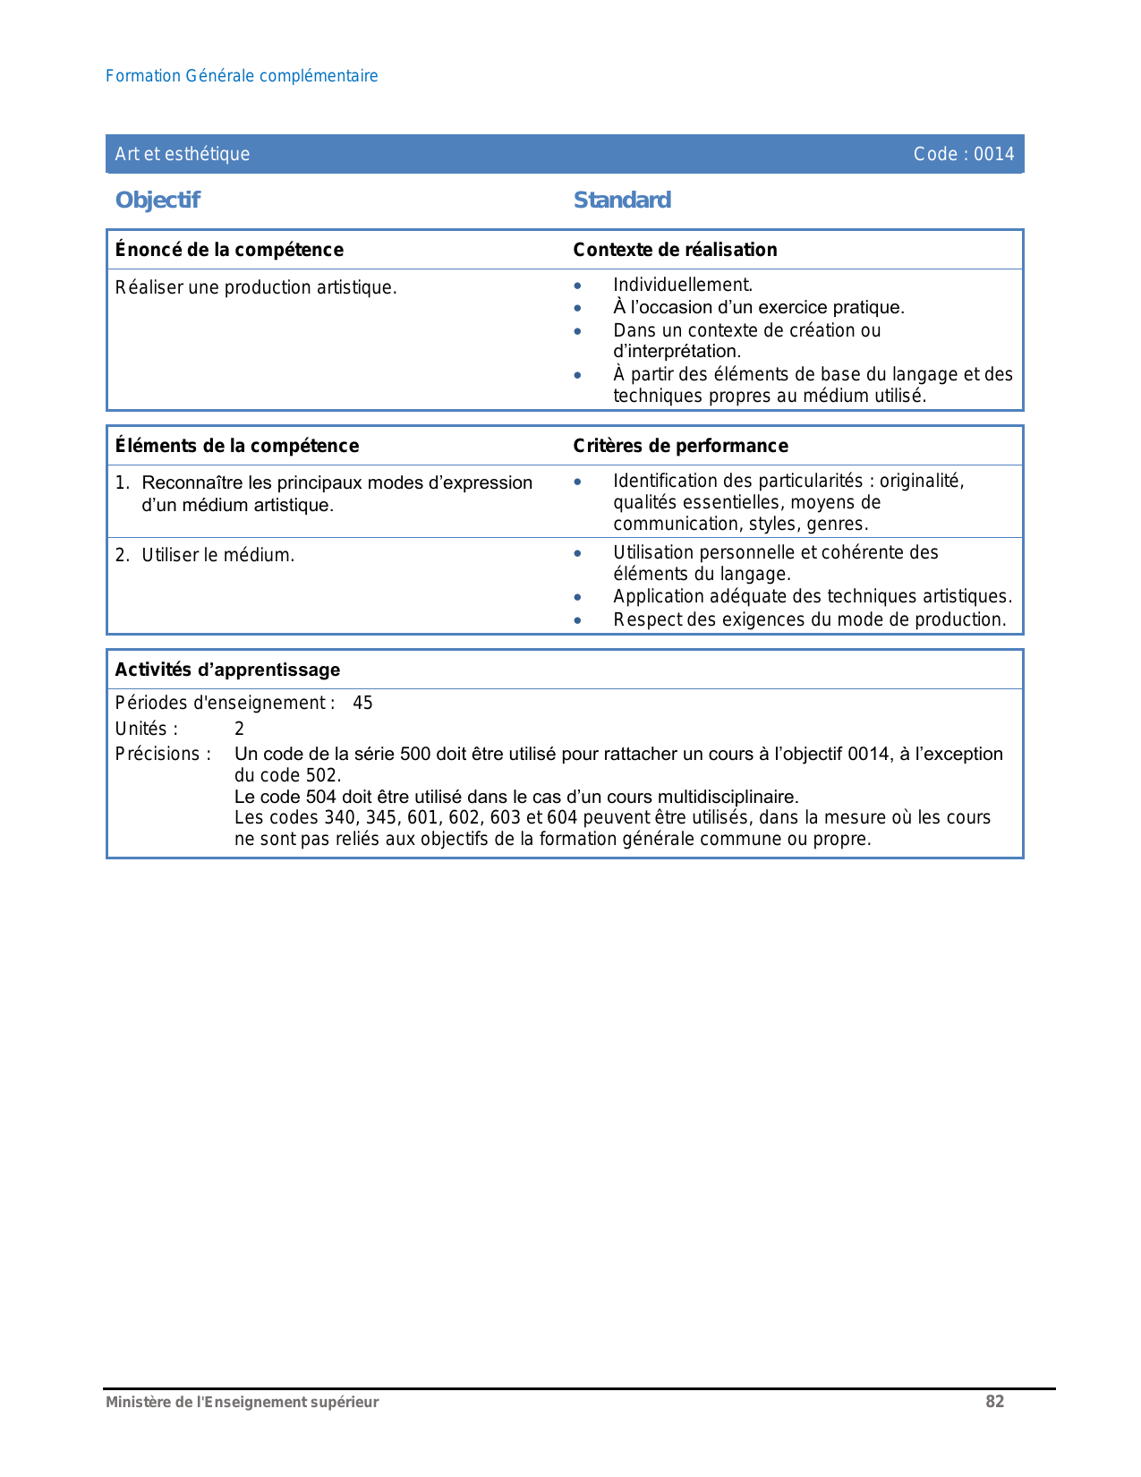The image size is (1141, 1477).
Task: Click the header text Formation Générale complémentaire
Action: click(x=242, y=76)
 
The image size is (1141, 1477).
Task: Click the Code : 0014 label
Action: click(x=963, y=154)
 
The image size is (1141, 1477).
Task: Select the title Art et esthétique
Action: click(x=183, y=154)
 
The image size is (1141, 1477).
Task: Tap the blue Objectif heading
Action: click(x=158, y=200)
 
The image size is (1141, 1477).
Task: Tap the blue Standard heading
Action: click(x=622, y=200)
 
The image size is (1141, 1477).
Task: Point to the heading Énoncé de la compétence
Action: click(x=229, y=250)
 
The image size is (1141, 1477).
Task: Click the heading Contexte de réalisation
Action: click(x=675, y=250)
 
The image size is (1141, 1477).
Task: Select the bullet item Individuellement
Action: click(x=683, y=285)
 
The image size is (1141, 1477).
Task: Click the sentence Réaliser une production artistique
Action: click(x=256, y=287)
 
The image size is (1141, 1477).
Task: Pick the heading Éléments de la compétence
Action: click(x=237, y=446)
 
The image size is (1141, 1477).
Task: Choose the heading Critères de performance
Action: click(x=680, y=446)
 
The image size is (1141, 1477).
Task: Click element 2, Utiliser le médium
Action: click(x=217, y=555)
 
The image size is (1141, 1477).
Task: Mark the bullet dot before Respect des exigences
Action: click(x=578, y=620)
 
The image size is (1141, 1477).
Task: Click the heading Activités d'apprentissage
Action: click(x=227, y=670)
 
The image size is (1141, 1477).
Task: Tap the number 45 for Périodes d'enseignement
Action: click(x=362, y=703)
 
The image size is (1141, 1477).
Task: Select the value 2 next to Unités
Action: click(x=239, y=729)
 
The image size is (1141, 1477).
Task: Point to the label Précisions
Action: click(x=163, y=754)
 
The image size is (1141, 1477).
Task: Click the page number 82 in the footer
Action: click(x=994, y=1402)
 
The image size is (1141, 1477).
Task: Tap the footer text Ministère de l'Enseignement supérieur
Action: click(x=242, y=1403)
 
